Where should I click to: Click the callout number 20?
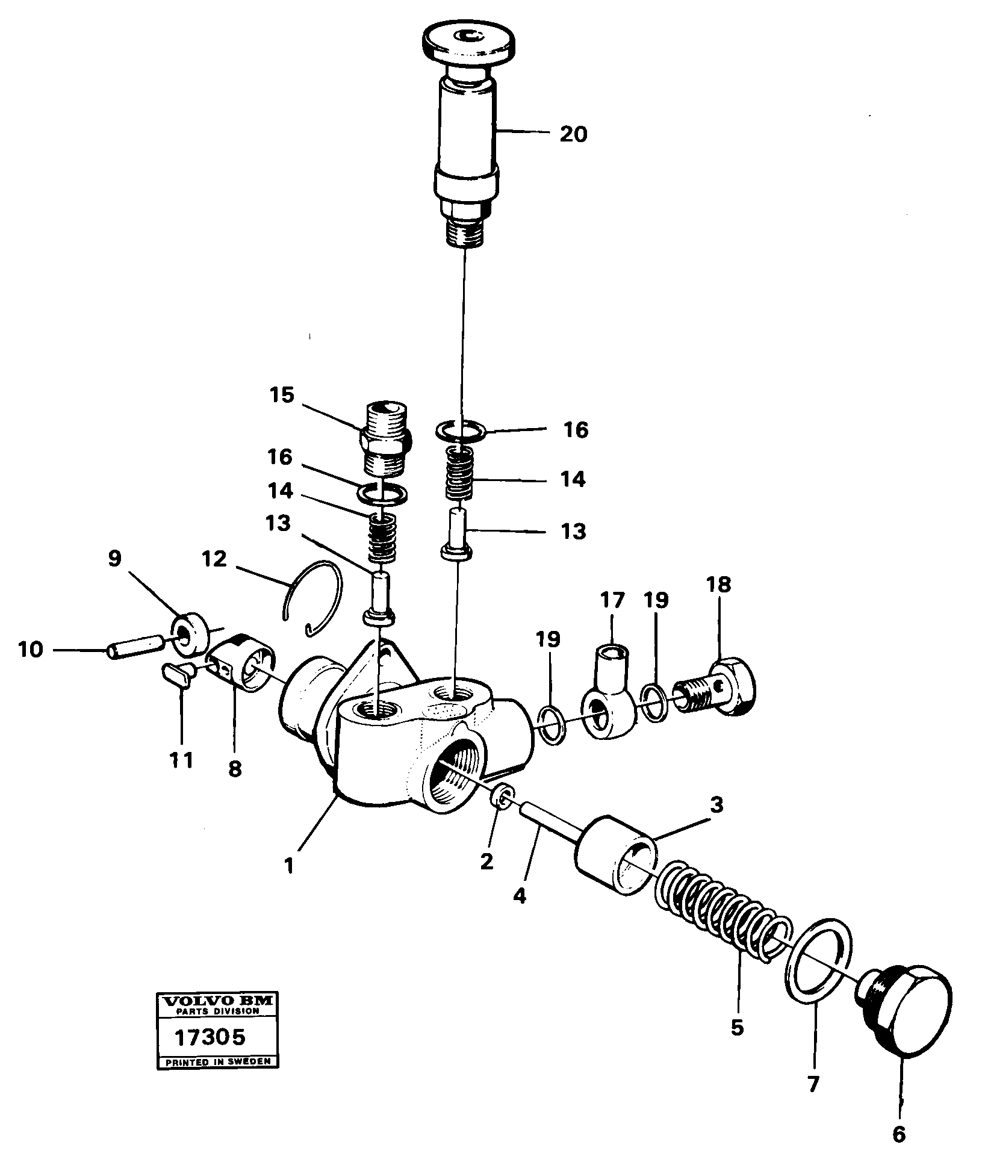[x=573, y=134]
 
